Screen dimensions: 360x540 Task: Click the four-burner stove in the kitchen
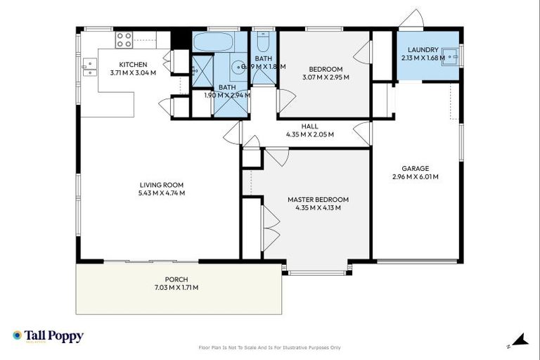point(124,40)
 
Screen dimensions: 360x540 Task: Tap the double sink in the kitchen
point(89,67)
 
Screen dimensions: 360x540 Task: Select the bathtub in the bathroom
point(212,42)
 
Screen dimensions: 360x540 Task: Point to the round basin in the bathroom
point(239,68)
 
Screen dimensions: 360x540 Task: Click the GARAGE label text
point(415,168)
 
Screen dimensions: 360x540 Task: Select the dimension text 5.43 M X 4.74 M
point(160,193)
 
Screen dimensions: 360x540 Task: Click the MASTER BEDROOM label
point(318,199)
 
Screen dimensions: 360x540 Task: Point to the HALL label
point(309,126)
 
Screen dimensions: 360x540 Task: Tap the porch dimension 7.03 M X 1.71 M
point(176,288)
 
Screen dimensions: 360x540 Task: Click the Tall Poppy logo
point(48,336)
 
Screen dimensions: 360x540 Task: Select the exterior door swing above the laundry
point(412,20)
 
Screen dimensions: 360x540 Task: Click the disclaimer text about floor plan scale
point(270,347)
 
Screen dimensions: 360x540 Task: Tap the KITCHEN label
point(133,65)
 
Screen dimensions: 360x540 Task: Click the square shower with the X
point(202,68)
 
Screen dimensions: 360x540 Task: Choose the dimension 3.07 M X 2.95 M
point(325,77)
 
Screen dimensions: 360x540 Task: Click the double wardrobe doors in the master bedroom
point(271,225)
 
